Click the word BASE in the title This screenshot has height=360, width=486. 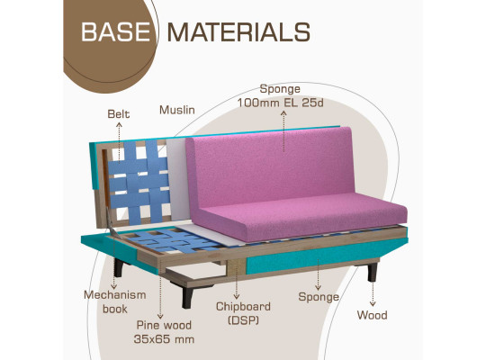(115, 31)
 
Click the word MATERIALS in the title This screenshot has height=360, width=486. (238, 31)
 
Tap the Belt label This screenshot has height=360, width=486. (119, 114)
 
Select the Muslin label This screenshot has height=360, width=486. (177, 110)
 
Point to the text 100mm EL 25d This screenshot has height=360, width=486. (280, 103)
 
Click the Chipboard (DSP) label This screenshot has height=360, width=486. (243, 313)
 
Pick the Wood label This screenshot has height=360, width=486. (372, 315)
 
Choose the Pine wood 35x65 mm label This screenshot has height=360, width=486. (164, 332)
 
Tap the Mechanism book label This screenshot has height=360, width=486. (115, 301)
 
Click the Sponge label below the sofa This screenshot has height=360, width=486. (319, 297)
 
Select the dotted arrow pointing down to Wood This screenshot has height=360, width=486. (373, 294)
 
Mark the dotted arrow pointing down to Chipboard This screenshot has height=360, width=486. (236, 280)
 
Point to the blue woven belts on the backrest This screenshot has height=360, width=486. (139, 183)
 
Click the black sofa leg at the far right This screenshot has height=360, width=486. (372, 272)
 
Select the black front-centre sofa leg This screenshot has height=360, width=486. (187, 297)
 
